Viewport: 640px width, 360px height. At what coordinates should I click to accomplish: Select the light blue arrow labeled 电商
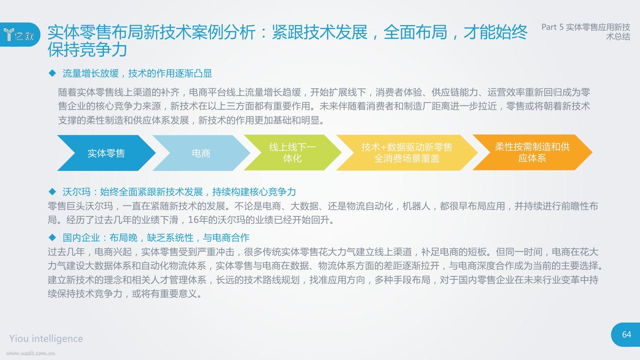201,153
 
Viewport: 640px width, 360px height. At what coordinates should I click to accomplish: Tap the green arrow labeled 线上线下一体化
292,153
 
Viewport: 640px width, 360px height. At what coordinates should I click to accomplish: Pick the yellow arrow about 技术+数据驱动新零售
407,153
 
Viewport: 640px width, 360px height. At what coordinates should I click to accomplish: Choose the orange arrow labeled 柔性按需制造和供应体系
532,152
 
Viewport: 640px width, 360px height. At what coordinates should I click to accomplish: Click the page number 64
627,335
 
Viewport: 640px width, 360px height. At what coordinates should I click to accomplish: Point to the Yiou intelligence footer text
46,339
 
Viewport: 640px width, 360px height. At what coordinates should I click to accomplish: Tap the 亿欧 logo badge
20,35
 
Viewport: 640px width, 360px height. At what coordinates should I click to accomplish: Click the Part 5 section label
586,32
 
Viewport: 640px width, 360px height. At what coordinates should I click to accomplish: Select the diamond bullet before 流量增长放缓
52,73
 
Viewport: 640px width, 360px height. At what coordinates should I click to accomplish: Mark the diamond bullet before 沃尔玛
52,192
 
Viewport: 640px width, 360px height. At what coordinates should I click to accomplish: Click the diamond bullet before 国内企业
52,237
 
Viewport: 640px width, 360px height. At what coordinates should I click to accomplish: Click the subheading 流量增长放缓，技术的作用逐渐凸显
137,73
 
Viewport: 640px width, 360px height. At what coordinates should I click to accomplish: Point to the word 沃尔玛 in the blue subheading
76,192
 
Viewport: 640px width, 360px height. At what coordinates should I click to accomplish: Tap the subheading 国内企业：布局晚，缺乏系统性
128,238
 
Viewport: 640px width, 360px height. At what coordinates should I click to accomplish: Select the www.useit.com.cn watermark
31,353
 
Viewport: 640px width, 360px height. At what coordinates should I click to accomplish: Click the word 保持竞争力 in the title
87,50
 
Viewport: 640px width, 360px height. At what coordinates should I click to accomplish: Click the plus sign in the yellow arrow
384,147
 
